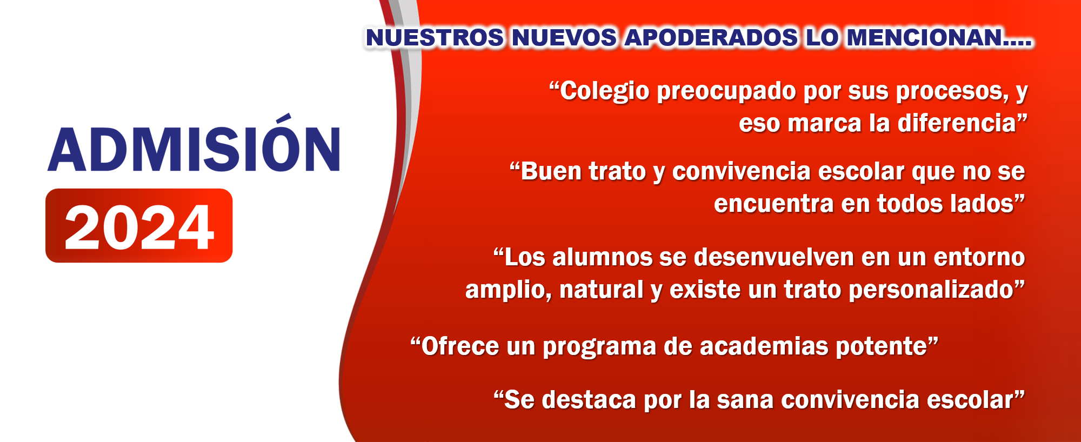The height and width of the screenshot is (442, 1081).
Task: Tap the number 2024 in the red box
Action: (139, 227)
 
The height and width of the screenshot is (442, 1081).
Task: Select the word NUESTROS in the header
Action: (435, 38)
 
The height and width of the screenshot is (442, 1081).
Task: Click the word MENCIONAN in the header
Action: (925, 38)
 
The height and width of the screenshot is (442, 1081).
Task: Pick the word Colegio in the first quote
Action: (604, 91)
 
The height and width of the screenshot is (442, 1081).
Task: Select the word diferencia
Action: (957, 123)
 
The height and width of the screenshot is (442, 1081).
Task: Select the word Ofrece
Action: (460, 346)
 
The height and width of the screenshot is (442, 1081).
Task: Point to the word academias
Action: (764, 346)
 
